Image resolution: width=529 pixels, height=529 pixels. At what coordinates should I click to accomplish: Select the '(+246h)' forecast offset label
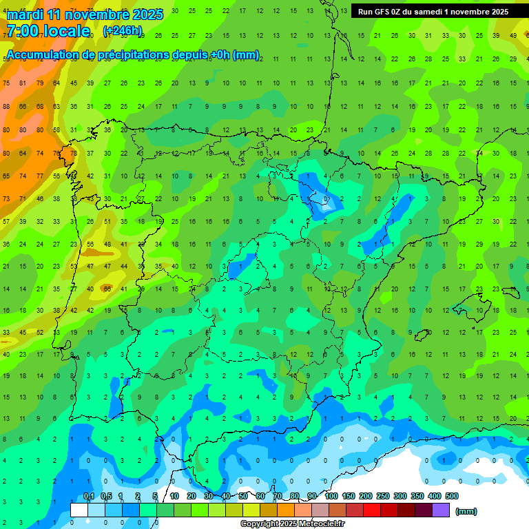(122, 31)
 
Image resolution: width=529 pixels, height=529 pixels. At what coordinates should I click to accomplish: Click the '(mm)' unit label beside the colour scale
(466, 511)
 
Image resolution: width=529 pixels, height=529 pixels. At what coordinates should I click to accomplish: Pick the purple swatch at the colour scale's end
(441, 510)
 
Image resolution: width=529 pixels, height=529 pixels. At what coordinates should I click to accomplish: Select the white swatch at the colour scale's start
(79, 510)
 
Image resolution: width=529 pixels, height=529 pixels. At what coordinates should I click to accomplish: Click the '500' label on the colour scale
(452, 496)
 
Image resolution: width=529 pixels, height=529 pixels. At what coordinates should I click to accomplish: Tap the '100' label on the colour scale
(331, 496)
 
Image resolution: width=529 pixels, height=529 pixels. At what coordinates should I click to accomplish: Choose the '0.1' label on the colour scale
(88, 496)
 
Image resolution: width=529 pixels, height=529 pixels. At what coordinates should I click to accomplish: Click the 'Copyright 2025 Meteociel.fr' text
(293, 523)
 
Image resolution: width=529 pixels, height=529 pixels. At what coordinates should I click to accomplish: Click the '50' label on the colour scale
(243, 496)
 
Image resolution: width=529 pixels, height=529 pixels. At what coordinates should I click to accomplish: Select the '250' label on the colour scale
(383, 496)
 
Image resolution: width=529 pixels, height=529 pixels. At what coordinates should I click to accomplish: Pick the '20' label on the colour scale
(191, 496)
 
